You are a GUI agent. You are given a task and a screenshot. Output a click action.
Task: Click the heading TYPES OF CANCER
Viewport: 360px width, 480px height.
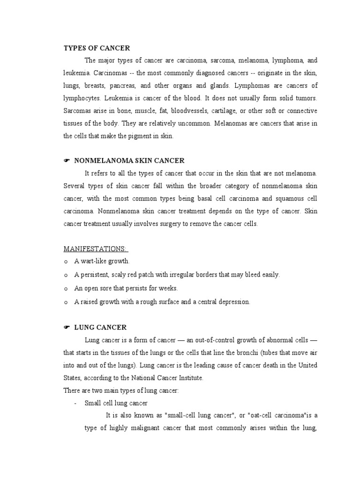[97, 48]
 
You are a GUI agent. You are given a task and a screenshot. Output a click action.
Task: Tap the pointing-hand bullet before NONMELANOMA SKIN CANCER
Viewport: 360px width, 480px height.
[67, 161]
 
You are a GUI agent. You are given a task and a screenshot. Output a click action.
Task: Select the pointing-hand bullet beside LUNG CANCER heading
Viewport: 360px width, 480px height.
[67, 327]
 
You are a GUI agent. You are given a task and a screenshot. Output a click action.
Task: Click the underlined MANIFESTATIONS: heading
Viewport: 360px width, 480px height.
[96, 248]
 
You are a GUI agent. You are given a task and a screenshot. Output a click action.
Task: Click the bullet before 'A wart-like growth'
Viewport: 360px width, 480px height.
[66, 262]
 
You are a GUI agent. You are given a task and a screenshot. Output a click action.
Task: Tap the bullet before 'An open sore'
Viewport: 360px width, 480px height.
[66, 289]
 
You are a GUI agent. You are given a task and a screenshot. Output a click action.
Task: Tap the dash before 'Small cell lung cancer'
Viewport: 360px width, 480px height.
[75, 403]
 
